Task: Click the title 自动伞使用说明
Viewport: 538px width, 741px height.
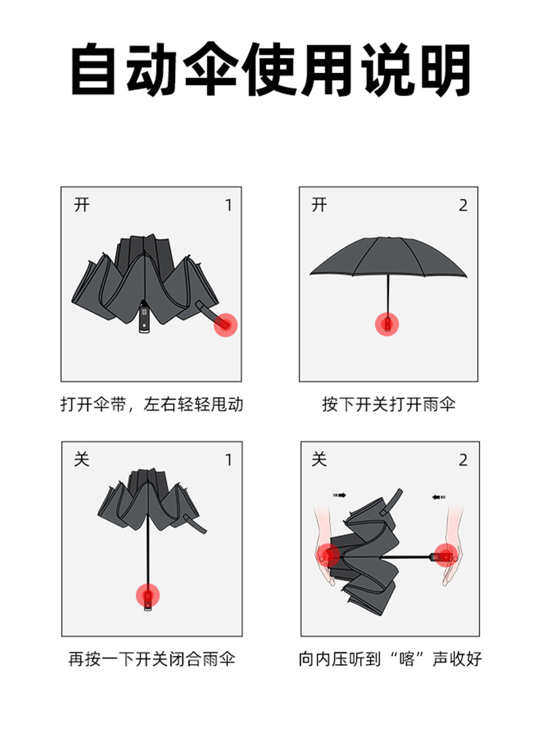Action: [x=270, y=69]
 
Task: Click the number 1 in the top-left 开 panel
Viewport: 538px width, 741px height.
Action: [x=229, y=205]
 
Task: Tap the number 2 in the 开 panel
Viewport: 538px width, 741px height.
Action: [x=463, y=205]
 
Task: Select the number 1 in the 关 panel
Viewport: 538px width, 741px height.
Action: [x=229, y=460]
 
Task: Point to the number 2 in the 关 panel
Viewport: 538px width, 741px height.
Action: [x=463, y=460]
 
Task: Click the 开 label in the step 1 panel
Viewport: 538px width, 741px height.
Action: [x=82, y=205]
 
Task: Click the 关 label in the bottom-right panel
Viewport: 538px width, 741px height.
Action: [x=319, y=459]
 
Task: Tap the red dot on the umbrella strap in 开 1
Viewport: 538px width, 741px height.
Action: [x=225, y=325]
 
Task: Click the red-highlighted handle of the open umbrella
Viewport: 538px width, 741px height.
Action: [x=387, y=325]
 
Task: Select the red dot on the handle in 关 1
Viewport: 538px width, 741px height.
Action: [x=148, y=595]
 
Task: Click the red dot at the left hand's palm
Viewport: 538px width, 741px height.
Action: [x=328, y=555]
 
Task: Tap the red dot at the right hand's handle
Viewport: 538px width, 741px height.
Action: [x=445, y=555]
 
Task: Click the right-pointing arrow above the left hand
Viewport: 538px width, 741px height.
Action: [x=340, y=495]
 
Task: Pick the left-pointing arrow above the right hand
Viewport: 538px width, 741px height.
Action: [x=439, y=497]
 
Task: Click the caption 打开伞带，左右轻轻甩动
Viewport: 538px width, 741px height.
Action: [x=152, y=405]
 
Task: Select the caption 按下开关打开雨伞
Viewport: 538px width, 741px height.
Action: [x=389, y=405]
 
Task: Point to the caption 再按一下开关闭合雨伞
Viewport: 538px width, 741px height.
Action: [x=152, y=659]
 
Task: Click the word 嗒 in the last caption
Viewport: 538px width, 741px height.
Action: [x=406, y=659]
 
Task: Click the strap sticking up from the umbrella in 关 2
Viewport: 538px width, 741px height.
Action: [x=392, y=503]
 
